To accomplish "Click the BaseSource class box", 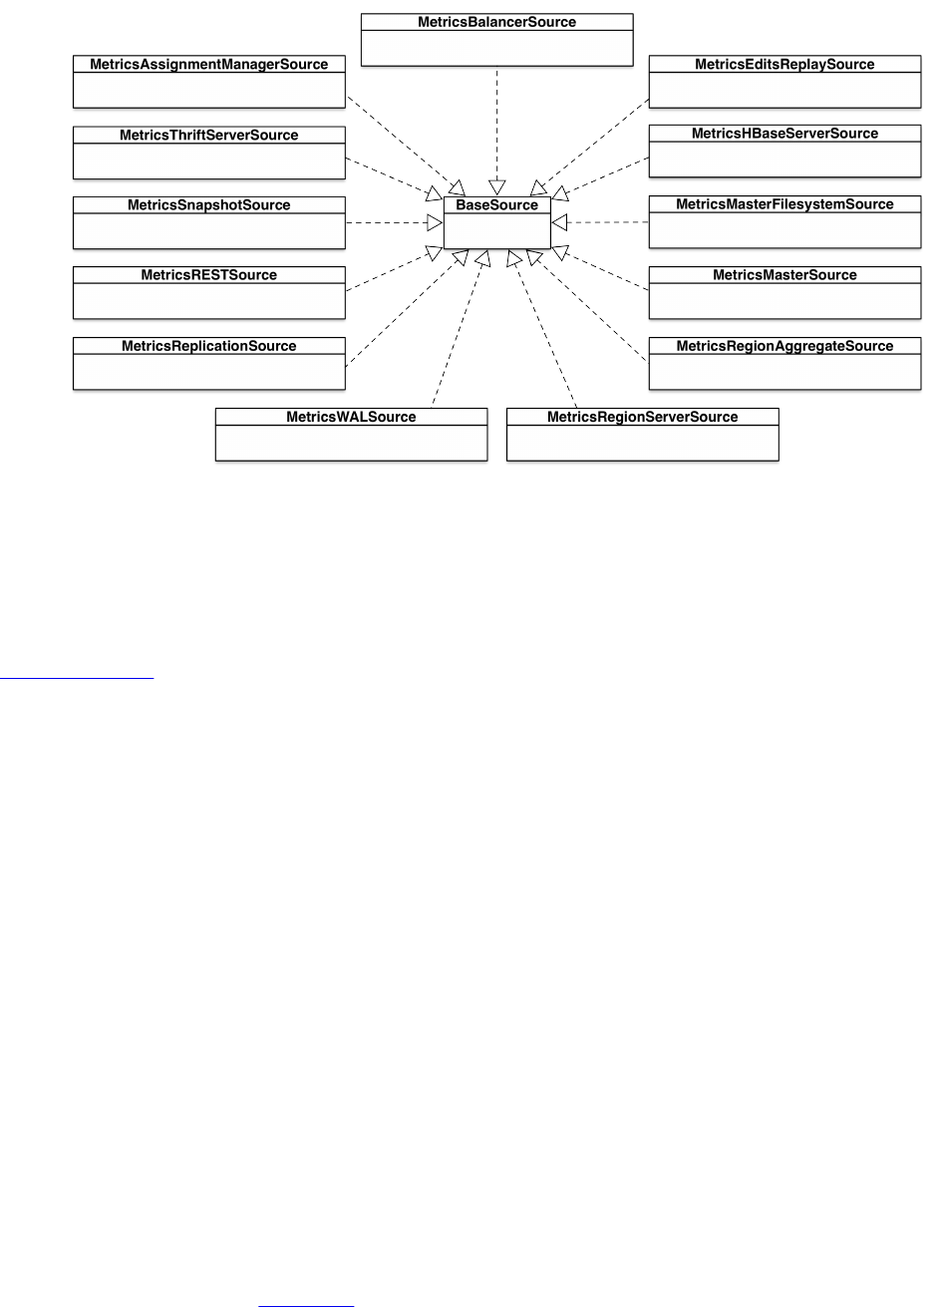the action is pyautogui.click(x=496, y=222).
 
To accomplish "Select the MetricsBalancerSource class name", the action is pyautogui.click(x=496, y=22).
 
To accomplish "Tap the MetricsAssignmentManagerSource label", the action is pyautogui.click(x=208, y=64).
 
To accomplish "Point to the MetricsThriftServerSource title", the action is pyautogui.click(x=208, y=135).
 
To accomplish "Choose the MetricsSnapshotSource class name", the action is pyautogui.click(x=208, y=205).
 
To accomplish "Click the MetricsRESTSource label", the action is pyautogui.click(x=208, y=275).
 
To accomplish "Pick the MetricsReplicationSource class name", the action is pyautogui.click(x=208, y=346).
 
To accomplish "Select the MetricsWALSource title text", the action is pyautogui.click(x=351, y=417).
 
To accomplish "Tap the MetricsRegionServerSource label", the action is pyautogui.click(x=642, y=417).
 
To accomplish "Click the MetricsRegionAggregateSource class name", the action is pyautogui.click(x=784, y=346).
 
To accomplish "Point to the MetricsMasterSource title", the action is pyautogui.click(x=784, y=275).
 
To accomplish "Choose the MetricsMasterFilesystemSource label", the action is pyautogui.click(x=784, y=204).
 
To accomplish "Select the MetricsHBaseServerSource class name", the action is pyautogui.click(x=784, y=134).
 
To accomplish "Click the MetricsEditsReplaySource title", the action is pyautogui.click(x=784, y=64).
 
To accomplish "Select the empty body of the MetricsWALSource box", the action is pyautogui.click(x=351, y=443).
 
